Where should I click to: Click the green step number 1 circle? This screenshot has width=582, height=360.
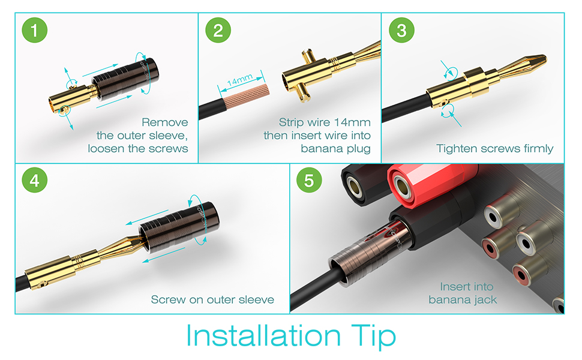[x=35, y=30]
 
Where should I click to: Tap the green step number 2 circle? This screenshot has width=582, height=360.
[x=218, y=30]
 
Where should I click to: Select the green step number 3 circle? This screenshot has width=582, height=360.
[x=401, y=30]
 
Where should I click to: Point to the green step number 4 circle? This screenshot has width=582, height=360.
[x=35, y=180]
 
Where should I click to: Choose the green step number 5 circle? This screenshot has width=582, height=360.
[x=309, y=180]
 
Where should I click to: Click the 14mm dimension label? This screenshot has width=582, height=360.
[x=240, y=80]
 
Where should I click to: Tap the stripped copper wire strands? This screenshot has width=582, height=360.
[x=245, y=96]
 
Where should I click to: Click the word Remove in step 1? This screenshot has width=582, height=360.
[x=165, y=122]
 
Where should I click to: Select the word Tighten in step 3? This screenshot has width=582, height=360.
[x=457, y=149]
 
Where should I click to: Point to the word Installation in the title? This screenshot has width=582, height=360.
[x=263, y=336]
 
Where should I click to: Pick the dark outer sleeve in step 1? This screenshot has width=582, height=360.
[x=125, y=79]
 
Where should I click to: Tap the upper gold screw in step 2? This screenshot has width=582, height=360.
[x=308, y=56]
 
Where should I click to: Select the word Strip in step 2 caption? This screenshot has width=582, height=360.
[x=291, y=123]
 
